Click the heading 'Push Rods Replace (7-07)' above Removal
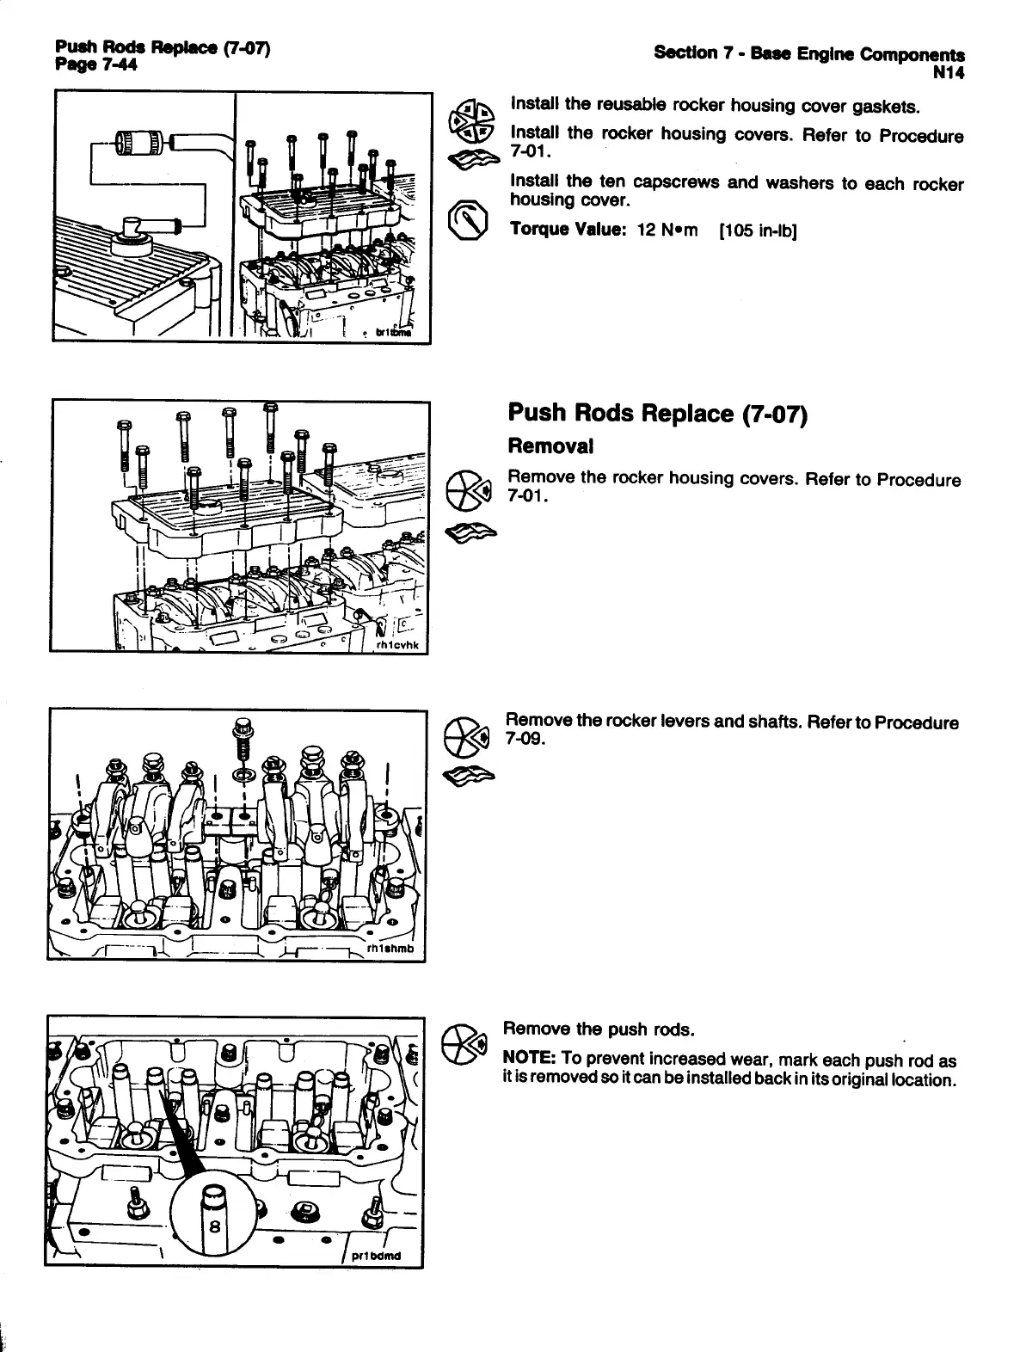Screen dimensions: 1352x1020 657,414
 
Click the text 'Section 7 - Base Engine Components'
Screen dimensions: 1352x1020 808,53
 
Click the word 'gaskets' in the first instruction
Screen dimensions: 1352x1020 888,107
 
